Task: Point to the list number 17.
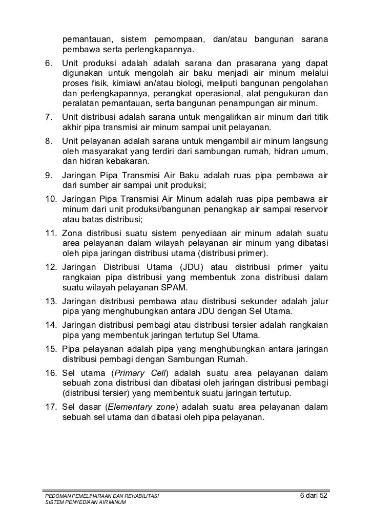pos(51,408)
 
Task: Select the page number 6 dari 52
pos(314,497)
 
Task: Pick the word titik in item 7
pos(319,117)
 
